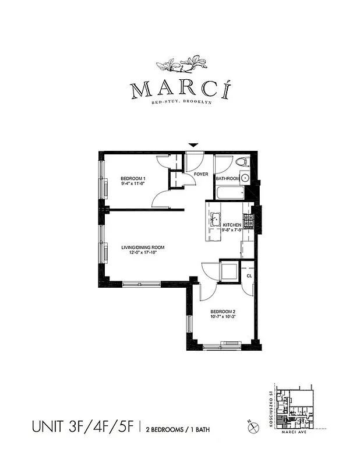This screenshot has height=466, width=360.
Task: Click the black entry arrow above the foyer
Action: (194, 145)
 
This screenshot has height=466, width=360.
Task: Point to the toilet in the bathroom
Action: (243, 163)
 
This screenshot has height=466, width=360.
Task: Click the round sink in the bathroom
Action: (246, 178)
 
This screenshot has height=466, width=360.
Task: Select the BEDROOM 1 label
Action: (133, 178)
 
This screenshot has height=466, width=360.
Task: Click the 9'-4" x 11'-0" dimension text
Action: (132, 183)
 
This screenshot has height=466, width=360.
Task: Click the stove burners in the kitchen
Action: (248, 221)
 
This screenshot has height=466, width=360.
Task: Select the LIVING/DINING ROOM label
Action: (143, 248)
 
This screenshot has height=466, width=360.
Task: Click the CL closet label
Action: (249, 276)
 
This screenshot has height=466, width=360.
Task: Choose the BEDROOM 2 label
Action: (223, 312)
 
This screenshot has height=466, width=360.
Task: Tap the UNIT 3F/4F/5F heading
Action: (83, 427)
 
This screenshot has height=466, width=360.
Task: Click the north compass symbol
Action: (254, 427)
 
